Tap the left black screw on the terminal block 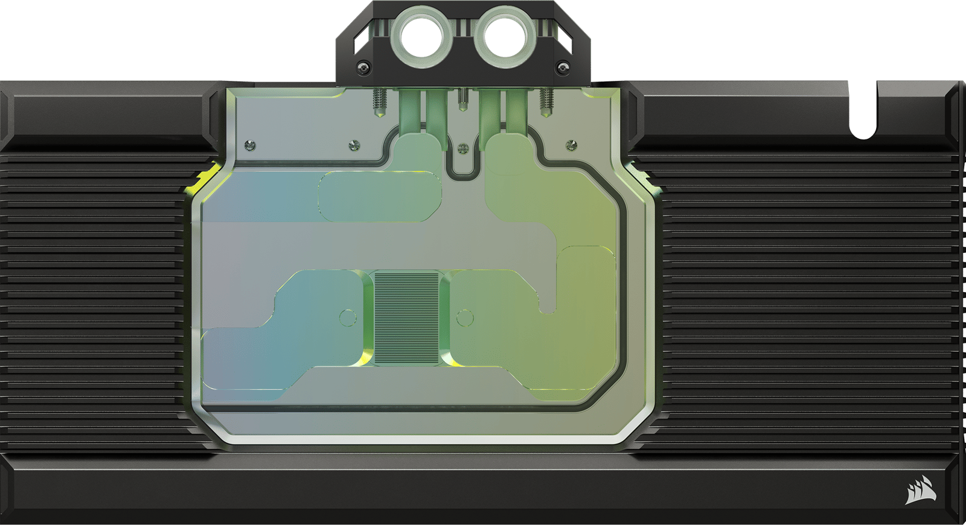363,66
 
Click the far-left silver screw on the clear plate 250,145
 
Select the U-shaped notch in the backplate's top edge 863,115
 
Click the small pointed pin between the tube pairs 462,100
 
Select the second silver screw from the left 354,145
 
